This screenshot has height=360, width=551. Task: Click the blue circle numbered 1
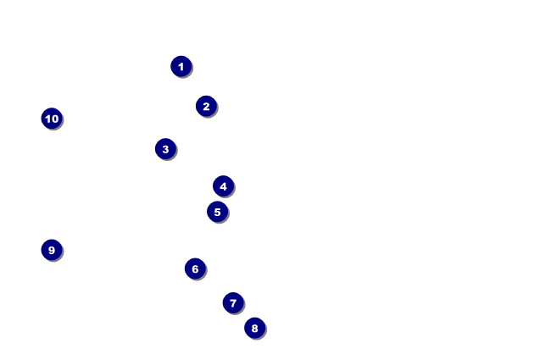pos(181,66)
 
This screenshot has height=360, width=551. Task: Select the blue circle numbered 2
pos(206,106)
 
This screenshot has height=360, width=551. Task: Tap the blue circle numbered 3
pos(165,149)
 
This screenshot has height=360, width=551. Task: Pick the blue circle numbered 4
pos(223,186)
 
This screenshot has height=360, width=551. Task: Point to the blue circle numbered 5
pos(217,212)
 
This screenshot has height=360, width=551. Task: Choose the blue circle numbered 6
pos(195,269)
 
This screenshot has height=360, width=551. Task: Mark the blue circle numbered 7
pos(233,302)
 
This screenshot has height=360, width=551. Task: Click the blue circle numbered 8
pos(254,328)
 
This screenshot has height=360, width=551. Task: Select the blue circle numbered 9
pos(52,250)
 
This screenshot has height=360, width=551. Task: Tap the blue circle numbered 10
pos(52,119)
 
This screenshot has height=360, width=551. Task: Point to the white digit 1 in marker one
pos(181,66)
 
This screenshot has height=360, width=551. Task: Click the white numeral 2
pos(206,106)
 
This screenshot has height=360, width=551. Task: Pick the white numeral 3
pos(165,149)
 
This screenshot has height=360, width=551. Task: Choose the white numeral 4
pos(223,186)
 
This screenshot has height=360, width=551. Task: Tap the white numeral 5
pos(217,212)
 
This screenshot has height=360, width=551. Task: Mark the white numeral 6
pos(195,269)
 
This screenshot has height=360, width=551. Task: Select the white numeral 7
pos(233,302)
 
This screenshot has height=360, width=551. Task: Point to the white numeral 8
pos(254,328)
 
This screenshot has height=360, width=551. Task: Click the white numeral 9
pos(52,250)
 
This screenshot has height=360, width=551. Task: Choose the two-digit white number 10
pos(52,119)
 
